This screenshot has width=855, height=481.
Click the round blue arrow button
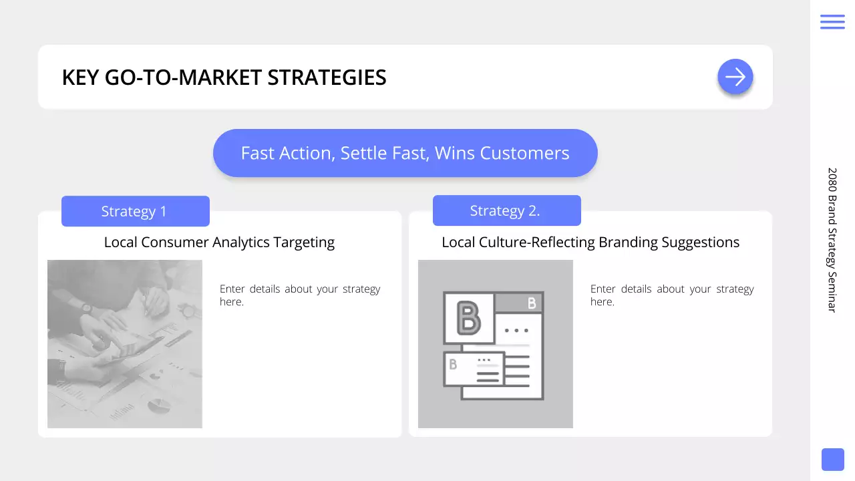(x=735, y=77)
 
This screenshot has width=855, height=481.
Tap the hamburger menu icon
(x=832, y=21)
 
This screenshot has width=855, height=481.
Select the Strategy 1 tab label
(x=135, y=211)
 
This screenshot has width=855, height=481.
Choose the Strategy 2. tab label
(x=506, y=210)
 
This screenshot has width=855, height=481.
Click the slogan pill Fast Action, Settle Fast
(x=405, y=153)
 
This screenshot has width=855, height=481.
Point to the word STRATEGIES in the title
(x=327, y=77)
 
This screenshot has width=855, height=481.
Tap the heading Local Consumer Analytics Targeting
(x=219, y=242)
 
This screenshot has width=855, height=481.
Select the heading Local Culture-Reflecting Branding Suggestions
(x=590, y=242)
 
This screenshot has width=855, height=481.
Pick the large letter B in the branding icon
(x=468, y=318)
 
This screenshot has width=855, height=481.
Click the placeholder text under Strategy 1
(x=300, y=295)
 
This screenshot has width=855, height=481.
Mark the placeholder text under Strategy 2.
(x=672, y=295)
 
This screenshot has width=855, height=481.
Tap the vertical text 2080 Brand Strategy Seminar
(x=832, y=239)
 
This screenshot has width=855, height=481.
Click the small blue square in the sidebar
(x=832, y=460)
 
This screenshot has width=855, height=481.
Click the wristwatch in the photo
(x=86, y=308)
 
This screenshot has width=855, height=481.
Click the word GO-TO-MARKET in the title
(x=184, y=77)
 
